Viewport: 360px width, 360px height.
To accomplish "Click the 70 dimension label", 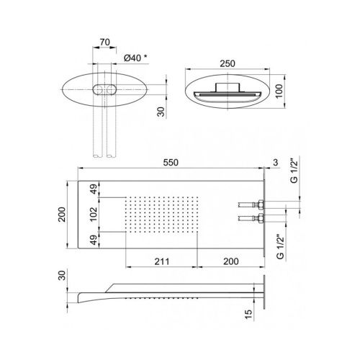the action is [x=104, y=42].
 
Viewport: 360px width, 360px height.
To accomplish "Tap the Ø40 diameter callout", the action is [x=135, y=58].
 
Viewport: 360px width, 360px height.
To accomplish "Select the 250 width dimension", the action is [x=228, y=63].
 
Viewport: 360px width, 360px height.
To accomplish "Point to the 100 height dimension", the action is [x=279, y=91].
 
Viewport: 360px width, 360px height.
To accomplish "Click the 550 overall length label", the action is [x=171, y=163].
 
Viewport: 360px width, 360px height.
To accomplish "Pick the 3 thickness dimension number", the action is [x=275, y=163].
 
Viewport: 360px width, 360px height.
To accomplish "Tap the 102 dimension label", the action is [x=93, y=215].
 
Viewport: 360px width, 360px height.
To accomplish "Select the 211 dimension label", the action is [x=162, y=261].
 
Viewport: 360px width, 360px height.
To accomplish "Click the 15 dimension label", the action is [x=249, y=315].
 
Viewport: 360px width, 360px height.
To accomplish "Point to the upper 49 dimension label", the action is [x=94, y=189].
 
